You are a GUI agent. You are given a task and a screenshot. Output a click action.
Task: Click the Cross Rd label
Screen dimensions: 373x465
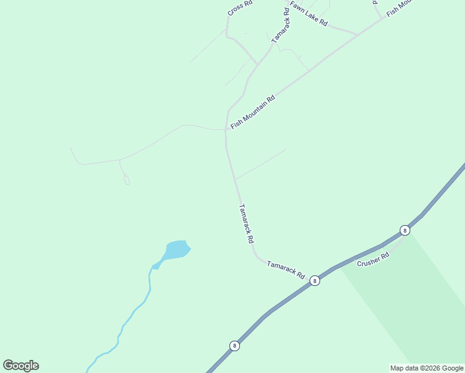tap(239, 8)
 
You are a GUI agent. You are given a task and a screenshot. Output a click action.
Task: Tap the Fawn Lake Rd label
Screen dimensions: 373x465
tap(308, 14)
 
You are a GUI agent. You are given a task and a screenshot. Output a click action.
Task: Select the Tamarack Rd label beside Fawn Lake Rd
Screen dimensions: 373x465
tap(280, 25)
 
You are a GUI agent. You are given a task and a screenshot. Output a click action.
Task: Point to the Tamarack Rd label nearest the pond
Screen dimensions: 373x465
tap(247, 224)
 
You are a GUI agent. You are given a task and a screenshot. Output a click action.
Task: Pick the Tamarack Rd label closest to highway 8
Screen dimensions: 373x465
tap(285, 269)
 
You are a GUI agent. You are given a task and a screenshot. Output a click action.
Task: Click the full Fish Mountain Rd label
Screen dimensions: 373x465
tap(252, 112)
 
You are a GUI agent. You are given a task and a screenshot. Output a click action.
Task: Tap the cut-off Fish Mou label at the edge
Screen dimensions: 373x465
tap(399, 8)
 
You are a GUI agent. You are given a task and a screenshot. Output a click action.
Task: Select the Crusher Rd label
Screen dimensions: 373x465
tap(373, 259)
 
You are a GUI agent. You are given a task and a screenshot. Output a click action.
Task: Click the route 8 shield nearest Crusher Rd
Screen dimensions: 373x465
tap(405, 230)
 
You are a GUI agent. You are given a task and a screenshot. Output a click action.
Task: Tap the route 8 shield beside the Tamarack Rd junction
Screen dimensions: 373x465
tap(315, 280)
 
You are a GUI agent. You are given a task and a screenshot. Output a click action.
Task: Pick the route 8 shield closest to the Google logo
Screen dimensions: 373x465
tap(234, 346)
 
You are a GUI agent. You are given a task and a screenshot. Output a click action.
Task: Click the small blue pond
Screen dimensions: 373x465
tap(177, 250)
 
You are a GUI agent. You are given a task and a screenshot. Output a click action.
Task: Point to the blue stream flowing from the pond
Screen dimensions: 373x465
tap(134, 314)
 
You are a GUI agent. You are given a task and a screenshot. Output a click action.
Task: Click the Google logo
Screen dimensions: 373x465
tap(21, 366)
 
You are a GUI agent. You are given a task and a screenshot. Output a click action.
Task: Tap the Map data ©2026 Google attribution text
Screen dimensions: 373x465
tap(426, 368)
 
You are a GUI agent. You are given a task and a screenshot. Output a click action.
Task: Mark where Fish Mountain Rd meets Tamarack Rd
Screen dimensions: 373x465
tap(226, 130)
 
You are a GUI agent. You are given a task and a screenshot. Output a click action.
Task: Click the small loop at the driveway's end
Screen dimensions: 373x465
tap(127, 180)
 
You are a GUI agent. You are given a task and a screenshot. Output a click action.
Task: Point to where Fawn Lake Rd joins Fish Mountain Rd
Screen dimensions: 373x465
tap(357, 35)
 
